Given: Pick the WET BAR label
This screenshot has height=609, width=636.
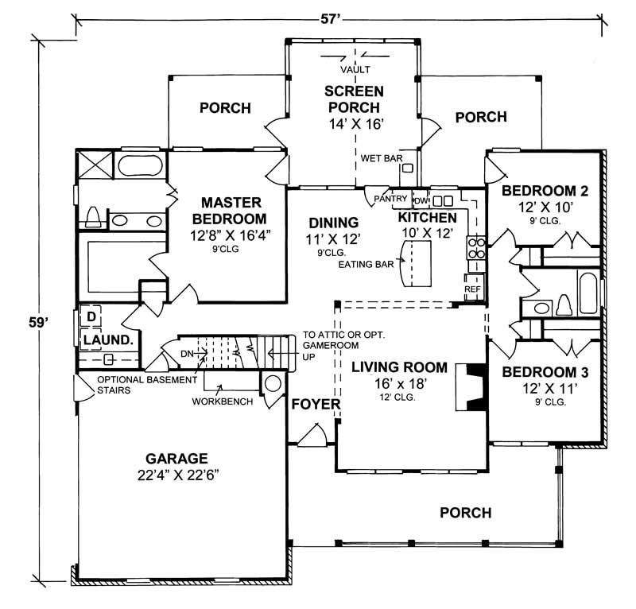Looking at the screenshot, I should click(379, 158).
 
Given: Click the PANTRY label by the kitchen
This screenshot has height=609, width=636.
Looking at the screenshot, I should click(394, 199).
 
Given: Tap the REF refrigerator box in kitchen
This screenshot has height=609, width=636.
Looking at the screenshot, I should click(472, 289).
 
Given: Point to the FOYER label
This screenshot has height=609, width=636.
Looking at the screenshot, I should click(315, 404).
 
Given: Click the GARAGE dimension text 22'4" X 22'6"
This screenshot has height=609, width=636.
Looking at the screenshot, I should click(176, 475).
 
